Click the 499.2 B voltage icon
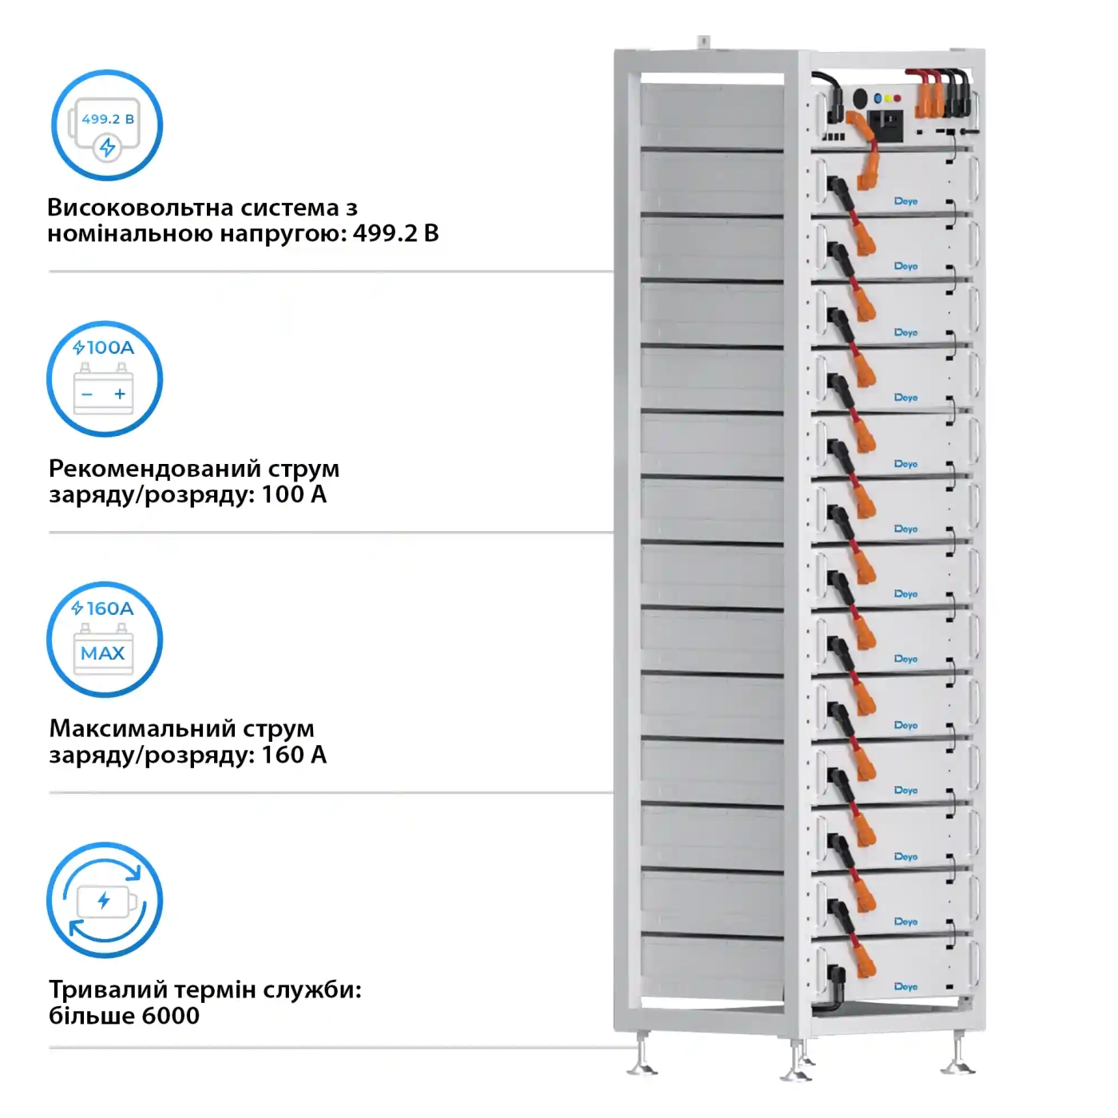[x=107, y=125]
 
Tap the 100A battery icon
[x=105, y=379]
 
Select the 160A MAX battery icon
[x=105, y=640]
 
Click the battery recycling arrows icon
[x=105, y=900]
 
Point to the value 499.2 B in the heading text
[x=396, y=233]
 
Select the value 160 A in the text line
[x=294, y=755]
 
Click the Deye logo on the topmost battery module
[x=906, y=201]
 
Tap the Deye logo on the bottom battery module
[x=906, y=987]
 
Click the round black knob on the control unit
[x=860, y=98]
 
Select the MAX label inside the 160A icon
[x=103, y=653]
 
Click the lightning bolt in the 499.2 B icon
[x=107, y=147]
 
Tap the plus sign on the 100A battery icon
[x=120, y=394]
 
